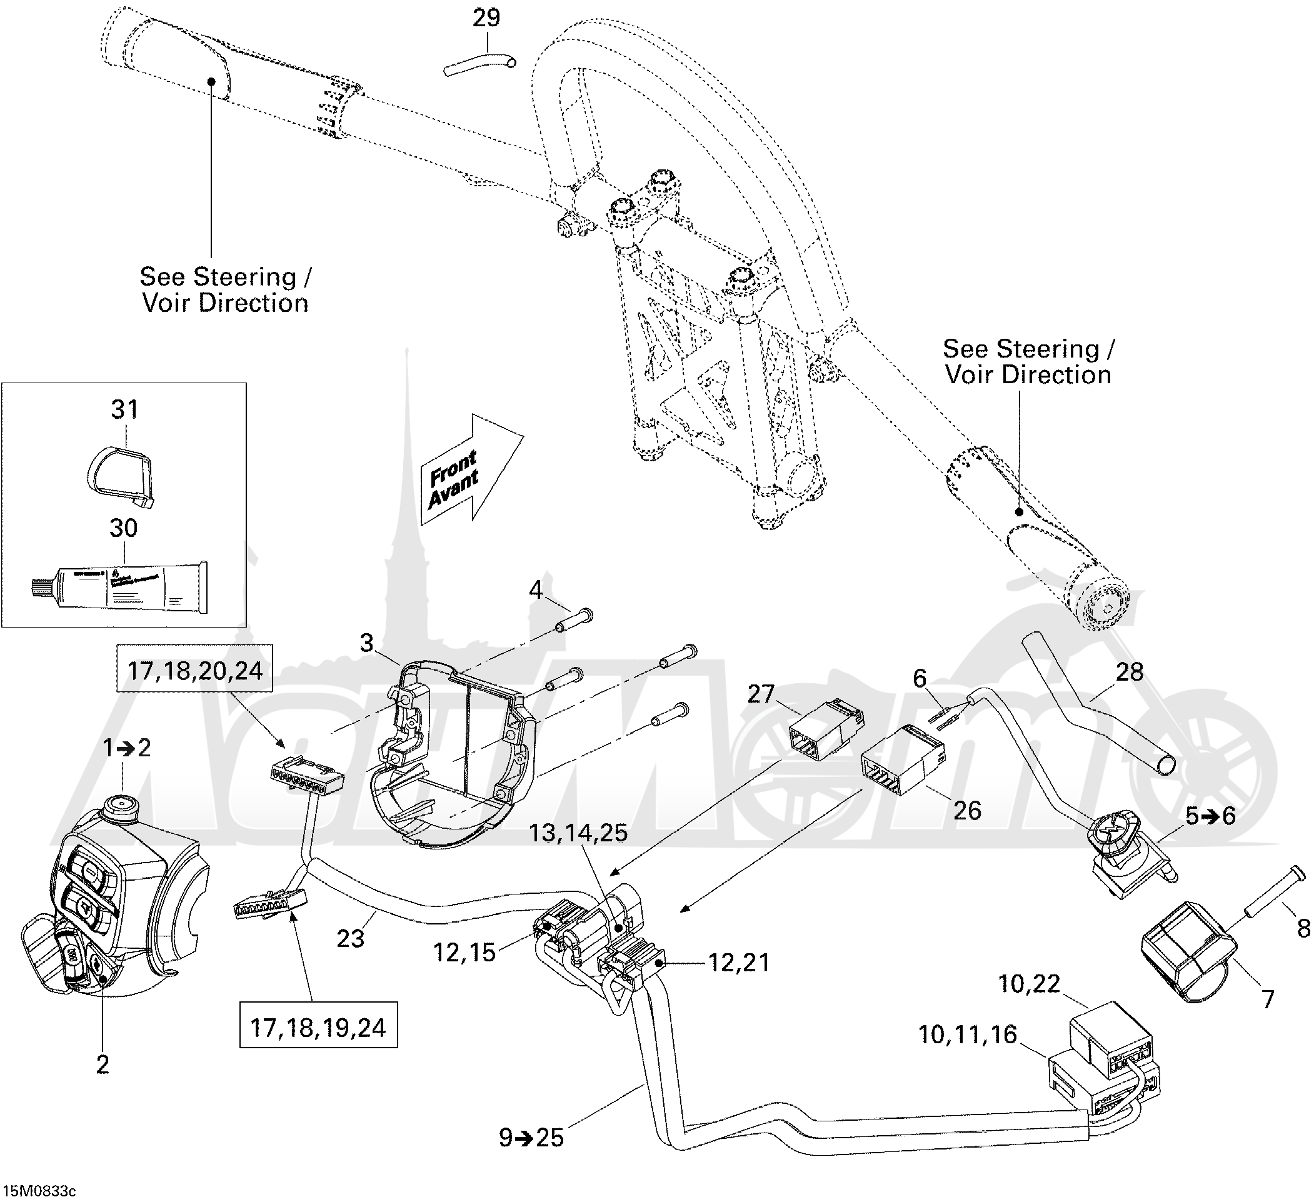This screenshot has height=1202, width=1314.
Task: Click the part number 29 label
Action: pyautogui.click(x=486, y=18)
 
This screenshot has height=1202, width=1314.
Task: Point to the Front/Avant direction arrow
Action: pyautogui.click(x=471, y=471)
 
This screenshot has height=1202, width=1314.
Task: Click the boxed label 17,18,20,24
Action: pyautogui.click(x=194, y=670)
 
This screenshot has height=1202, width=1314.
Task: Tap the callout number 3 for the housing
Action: pyautogui.click(x=367, y=643)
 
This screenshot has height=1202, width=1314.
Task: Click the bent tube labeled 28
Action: pyautogui.click(x=1101, y=707)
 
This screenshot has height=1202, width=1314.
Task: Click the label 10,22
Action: pyautogui.click(x=1029, y=984)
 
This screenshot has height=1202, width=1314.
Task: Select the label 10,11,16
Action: pyautogui.click(x=967, y=1034)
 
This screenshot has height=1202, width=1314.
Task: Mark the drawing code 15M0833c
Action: pyautogui.click(x=39, y=1191)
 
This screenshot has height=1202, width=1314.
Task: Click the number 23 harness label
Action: pyautogui.click(x=351, y=939)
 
